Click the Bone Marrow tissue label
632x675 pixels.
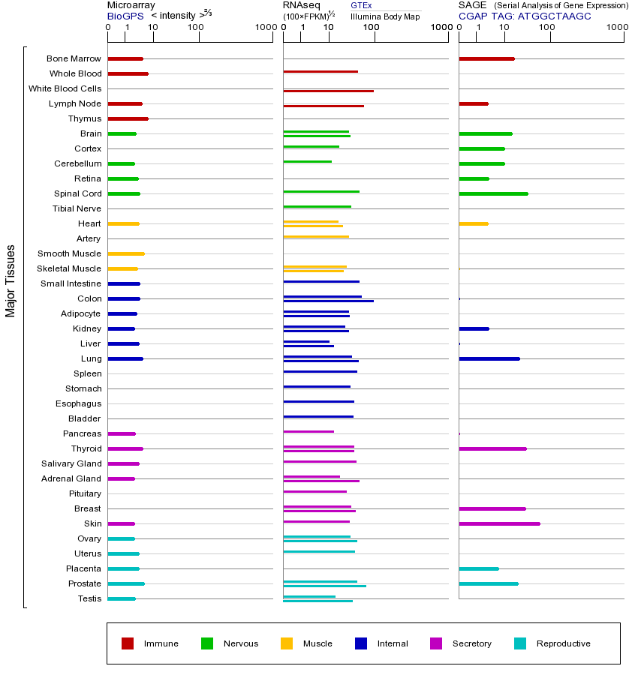(74, 58)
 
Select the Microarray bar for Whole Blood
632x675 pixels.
(128, 73)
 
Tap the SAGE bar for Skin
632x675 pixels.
(499, 523)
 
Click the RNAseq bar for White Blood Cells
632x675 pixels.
(328, 91)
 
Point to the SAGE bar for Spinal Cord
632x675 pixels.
(493, 193)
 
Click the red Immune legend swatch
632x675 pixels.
(128, 643)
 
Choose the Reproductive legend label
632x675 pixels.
(563, 643)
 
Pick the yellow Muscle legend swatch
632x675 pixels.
(287, 643)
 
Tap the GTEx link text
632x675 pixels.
(361, 5)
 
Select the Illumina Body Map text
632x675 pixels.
(385, 16)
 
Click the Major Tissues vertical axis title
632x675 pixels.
(11, 280)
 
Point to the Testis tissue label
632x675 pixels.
(89, 598)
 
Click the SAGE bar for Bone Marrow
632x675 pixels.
(486, 58)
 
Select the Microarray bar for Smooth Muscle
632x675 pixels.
(126, 253)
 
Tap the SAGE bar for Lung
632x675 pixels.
(489, 358)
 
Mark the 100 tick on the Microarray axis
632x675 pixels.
(196, 28)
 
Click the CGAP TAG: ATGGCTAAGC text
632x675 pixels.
(525, 16)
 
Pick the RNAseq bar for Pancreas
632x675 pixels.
(308, 431)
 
